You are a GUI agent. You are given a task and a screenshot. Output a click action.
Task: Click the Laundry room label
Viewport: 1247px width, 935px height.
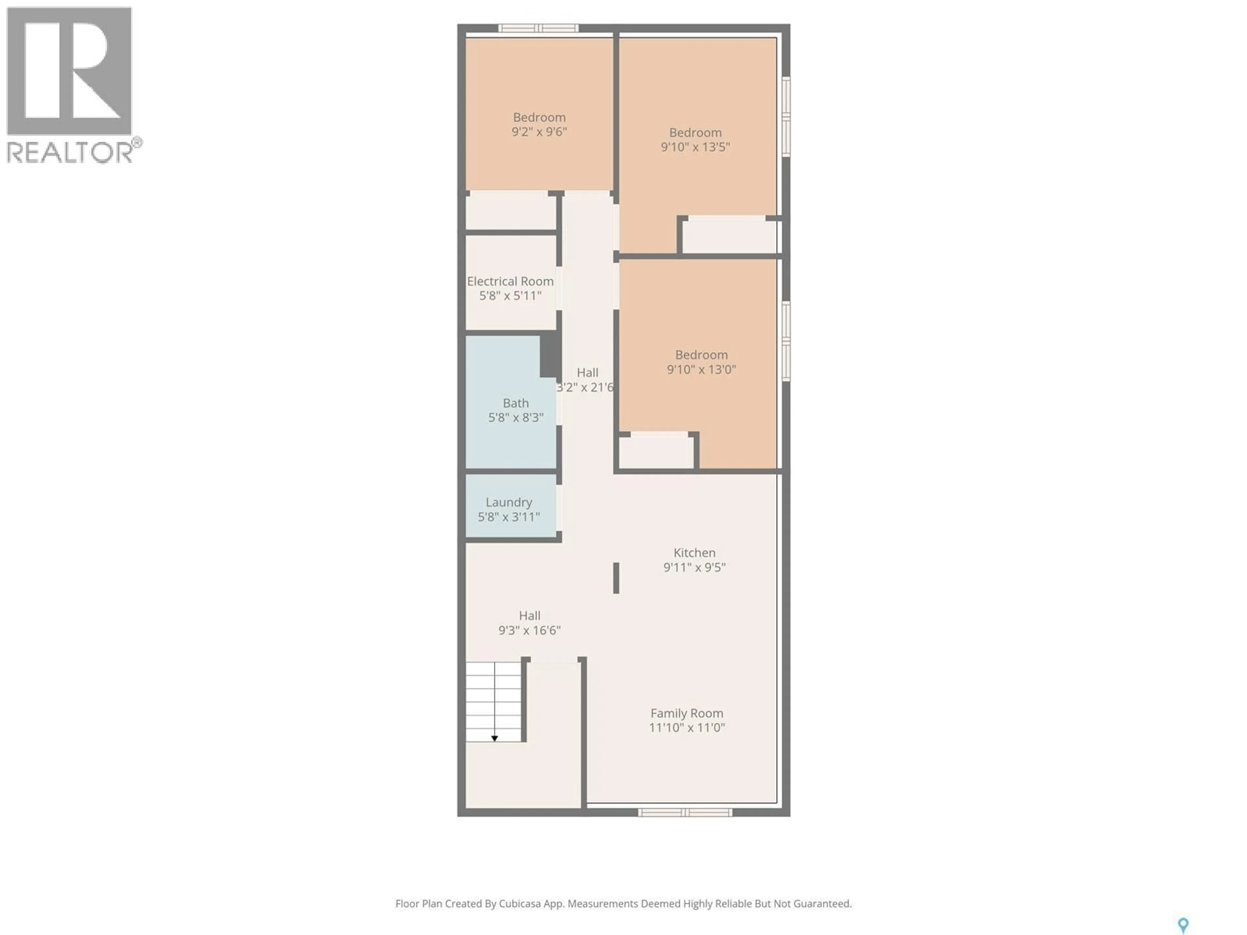click(509, 502)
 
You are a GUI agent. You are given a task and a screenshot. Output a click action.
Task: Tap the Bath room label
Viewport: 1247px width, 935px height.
click(515, 403)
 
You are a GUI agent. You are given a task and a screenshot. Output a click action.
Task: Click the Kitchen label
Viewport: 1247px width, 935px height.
click(694, 553)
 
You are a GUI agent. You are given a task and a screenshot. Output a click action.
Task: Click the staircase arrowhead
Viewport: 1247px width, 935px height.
click(494, 738)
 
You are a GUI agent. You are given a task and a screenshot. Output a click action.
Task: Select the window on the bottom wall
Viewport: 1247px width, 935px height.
click(685, 812)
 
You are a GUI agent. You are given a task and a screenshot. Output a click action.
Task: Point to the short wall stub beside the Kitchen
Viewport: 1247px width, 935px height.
click(616, 578)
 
